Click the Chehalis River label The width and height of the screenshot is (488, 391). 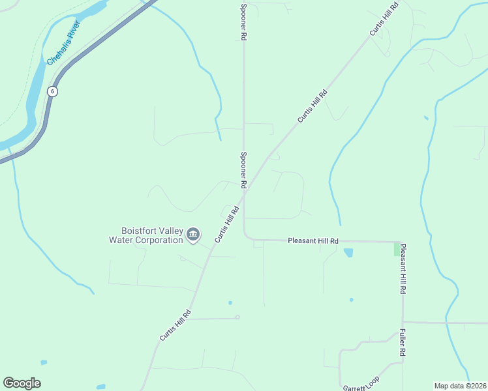pos(63,43)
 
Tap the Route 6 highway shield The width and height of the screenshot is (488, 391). pos(52,92)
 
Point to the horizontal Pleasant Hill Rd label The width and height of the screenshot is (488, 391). pos(313,241)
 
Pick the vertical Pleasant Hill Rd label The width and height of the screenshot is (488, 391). pos(403,268)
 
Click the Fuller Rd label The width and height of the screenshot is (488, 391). pos(403,342)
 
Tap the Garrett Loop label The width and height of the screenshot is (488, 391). pos(361,383)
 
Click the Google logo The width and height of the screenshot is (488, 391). pos(22,383)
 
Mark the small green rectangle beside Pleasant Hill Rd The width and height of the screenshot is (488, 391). pos(397,249)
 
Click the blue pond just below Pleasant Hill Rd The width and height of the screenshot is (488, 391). pos(348,252)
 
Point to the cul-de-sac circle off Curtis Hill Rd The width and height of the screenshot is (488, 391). pos(237,317)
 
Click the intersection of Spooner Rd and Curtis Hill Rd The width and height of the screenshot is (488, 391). pos(246,190)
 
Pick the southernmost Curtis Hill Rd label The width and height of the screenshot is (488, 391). pos(175,325)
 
